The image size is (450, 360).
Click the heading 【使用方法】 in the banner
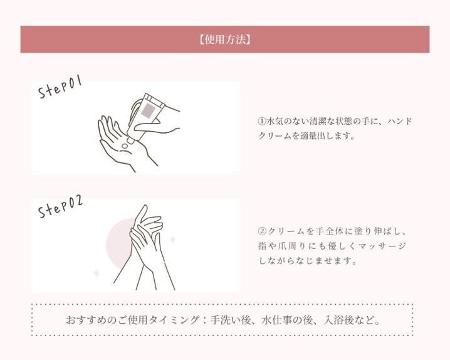pos(225,40)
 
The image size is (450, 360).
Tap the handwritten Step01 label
pos(60,87)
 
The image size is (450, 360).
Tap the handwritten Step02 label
pos(60,207)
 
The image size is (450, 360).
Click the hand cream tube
pos(146,118)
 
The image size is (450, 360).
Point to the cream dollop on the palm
pos(125,146)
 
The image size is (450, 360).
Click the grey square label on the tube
pos(149,111)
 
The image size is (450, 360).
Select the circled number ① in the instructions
pos(262,121)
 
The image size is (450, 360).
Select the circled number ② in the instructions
pos(263,231)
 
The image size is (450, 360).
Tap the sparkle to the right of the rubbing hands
pos(172,240)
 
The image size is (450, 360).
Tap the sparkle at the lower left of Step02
pos(97,273)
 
